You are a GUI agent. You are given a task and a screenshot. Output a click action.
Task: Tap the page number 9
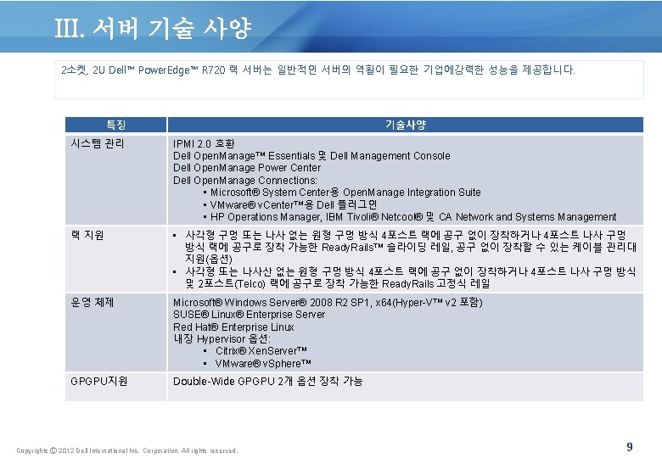click(629, 446)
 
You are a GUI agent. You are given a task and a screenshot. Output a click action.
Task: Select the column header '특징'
click(116, 125)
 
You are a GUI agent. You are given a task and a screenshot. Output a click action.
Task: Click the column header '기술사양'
click(405, 125)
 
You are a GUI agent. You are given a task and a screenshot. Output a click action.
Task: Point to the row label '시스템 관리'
click(98, 144)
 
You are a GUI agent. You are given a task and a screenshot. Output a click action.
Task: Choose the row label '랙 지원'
click(87, 235)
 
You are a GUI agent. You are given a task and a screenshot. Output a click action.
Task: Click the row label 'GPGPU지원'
click(99, 382)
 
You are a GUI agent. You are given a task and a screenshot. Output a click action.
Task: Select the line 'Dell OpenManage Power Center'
click(247, 168)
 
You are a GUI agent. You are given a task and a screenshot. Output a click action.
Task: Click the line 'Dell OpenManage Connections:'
click(245, 180)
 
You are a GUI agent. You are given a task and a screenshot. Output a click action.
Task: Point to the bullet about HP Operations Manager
click(410, 217)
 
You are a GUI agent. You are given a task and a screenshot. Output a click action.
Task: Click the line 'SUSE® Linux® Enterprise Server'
click(249, 315)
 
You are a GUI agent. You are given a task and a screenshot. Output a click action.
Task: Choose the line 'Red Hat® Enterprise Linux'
click(233, 327)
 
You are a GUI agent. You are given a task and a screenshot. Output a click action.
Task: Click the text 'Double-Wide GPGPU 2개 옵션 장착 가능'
click(267, 382)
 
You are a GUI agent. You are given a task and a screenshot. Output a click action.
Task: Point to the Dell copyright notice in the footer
click(127, 450)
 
